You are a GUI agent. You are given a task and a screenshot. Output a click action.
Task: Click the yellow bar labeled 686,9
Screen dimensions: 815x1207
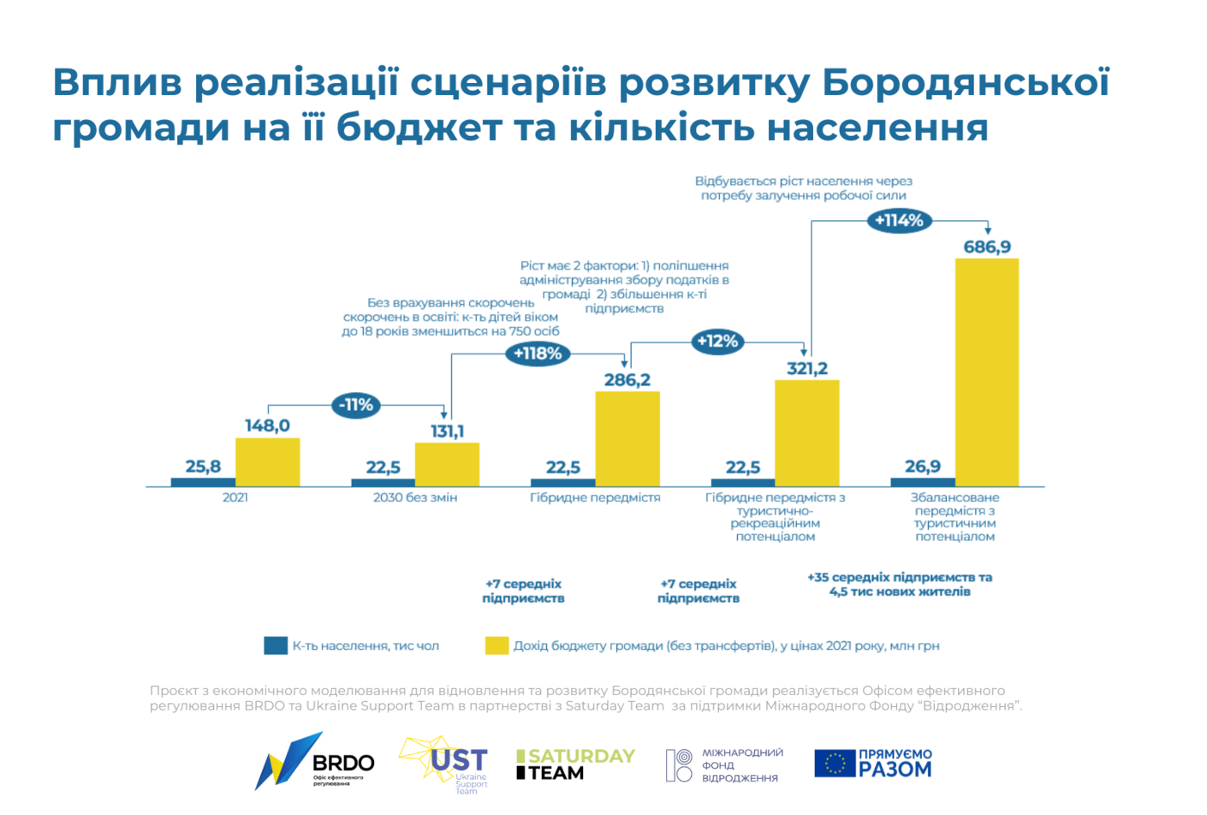tap(986, 372)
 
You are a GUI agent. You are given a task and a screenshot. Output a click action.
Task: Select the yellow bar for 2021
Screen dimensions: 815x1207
tap(267, 462)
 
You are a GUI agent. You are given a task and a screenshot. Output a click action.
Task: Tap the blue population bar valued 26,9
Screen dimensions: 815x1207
tap(923, 482)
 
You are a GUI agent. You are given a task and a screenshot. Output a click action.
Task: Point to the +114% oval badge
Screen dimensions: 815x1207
tap(899, 221)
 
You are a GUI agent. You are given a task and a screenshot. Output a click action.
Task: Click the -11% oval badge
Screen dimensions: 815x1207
tap(356, 405)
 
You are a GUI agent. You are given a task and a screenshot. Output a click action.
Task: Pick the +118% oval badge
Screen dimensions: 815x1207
tap(538, 353)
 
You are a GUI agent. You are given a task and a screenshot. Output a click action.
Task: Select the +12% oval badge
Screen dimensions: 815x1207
tap(717, 342)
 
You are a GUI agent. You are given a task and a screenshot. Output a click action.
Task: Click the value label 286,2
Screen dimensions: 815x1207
tap(627, 379)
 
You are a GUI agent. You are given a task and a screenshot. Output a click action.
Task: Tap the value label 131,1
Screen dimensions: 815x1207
tap(447, 431)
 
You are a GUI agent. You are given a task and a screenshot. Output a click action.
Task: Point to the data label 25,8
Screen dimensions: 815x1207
tap(203, 467)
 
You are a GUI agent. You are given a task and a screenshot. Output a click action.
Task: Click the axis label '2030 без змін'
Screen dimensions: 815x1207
tap(415, 497)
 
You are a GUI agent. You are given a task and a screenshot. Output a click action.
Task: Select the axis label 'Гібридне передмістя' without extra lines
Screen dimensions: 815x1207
tap(595, 497)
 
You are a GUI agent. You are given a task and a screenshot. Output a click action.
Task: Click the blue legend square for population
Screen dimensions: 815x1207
tap(276, 645)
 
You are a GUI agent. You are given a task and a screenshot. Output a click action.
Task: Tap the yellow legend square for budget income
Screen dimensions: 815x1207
tap(496, 645)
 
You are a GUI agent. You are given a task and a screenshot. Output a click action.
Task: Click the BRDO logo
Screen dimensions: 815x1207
tap(314, 761)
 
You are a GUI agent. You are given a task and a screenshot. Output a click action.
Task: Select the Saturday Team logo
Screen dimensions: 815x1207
tap(575, 764)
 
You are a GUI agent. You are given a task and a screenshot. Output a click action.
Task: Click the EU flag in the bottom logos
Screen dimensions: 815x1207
tap(835, 763)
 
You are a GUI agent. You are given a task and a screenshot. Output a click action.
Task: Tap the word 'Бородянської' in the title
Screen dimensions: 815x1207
tap(966, 82)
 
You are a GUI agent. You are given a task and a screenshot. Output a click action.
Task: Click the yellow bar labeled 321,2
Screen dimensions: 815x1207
tap(806, 433)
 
